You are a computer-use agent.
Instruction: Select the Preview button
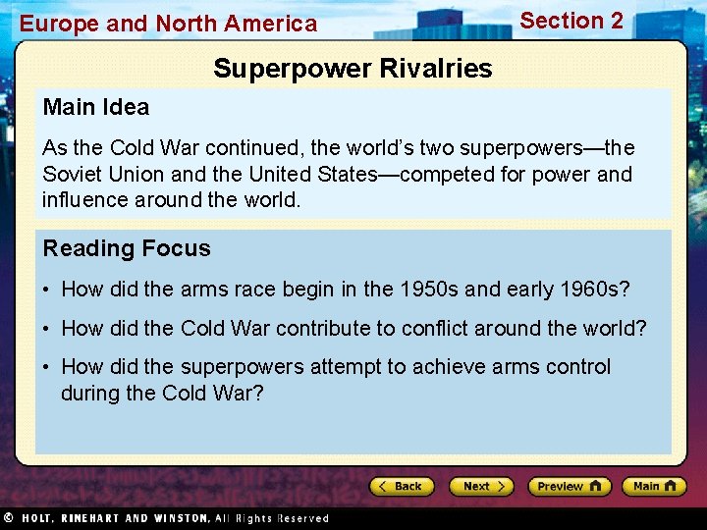[569, 486]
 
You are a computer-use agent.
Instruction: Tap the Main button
[653, 486]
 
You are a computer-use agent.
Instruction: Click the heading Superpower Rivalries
[353, 69]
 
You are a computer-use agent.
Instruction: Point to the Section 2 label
[571, 21]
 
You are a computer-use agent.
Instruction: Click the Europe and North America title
[169, 24]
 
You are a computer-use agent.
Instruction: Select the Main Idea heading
[96, 107]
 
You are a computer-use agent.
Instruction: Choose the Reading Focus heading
[127, 248]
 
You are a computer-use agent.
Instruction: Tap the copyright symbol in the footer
[8, 517]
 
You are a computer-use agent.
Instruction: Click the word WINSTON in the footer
[175, 518]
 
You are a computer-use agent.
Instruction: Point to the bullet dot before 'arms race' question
[47, 290]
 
